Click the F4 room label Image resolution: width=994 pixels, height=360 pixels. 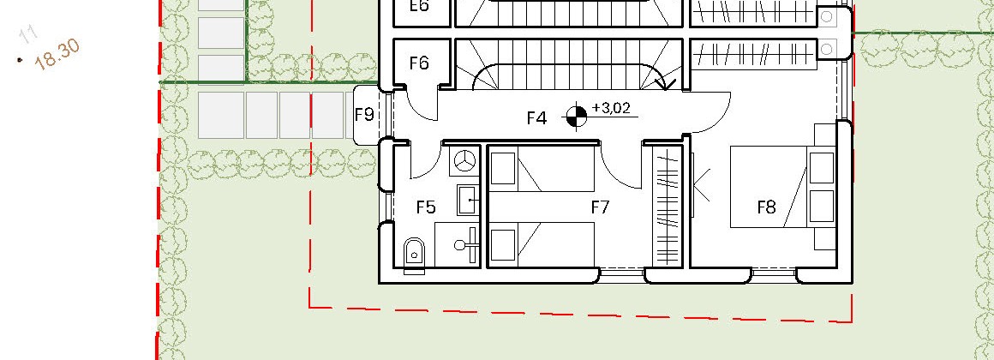536,118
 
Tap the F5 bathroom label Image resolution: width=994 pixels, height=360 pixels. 426,207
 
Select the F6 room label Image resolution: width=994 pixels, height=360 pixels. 419,63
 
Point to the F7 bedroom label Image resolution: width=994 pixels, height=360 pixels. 600,207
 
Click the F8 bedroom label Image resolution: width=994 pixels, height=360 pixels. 766,207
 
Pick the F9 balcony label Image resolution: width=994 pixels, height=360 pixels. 364,115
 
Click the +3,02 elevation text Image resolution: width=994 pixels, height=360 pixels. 611,108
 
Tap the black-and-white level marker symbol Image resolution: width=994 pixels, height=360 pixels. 576,117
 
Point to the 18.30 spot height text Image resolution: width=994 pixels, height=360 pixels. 57,54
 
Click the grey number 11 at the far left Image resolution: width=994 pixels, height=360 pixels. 27,34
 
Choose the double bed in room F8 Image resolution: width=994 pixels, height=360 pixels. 783,187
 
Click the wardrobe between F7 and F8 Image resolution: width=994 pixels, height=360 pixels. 668,206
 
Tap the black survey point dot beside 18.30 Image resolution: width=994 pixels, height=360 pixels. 21,60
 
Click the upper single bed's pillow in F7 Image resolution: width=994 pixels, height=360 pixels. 503,169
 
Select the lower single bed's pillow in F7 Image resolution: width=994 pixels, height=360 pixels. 503,244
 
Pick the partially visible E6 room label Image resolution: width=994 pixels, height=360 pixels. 419,6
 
